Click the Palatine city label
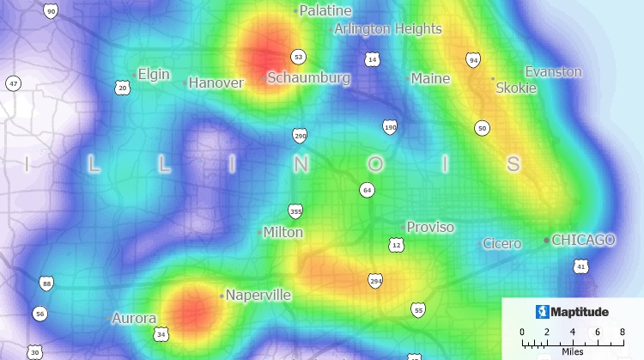pyautogui.click(x=325, y=10)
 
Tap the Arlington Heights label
pyautogui.click(x=388, y=28)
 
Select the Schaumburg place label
pyautogui.click(x=308, y=78)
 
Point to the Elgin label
pyautogui.click(x=154, y=74)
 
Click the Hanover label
pyautogui.click(x=216, y=82)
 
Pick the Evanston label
pyautogui.click(x=553, y=71)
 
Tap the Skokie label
pyautogui.click(x=516, y=88)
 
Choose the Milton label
pyautogui.click(x=283, y=232)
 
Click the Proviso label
pyautogui.click(x=430, y=227)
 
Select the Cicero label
pyautogui.click(x=501, y=244)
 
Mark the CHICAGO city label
pyautogui.click(x=583, y=240)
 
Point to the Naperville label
pyautogui.click(x=258, y=296)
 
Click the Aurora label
pyautogui.click(x=134, y=318)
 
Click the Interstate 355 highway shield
pyautogui.click(x=295, y=211)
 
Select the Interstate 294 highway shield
pyautogui.click(x=375, y=280)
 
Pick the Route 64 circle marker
pyautogui.click(x=367, y=189)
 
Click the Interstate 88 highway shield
pyautogui.click(x=46, y=283)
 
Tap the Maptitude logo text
pyautogui.click(x=579, y=311)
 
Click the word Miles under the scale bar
pyautogui.click(x=572, y=351)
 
